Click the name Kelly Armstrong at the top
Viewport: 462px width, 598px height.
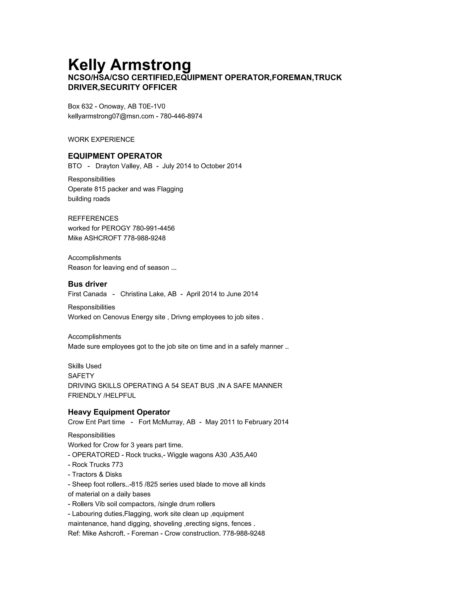129,65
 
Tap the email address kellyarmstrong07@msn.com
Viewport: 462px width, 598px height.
111,116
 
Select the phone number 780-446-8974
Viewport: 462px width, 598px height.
181,116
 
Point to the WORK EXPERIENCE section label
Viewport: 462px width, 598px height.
101,140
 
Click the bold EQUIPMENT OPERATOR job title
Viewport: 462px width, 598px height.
115,156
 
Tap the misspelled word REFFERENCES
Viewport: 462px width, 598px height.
93,218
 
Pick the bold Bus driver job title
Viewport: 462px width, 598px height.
87,284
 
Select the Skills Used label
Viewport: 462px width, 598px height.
85,366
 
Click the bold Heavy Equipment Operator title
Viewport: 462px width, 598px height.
119,412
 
